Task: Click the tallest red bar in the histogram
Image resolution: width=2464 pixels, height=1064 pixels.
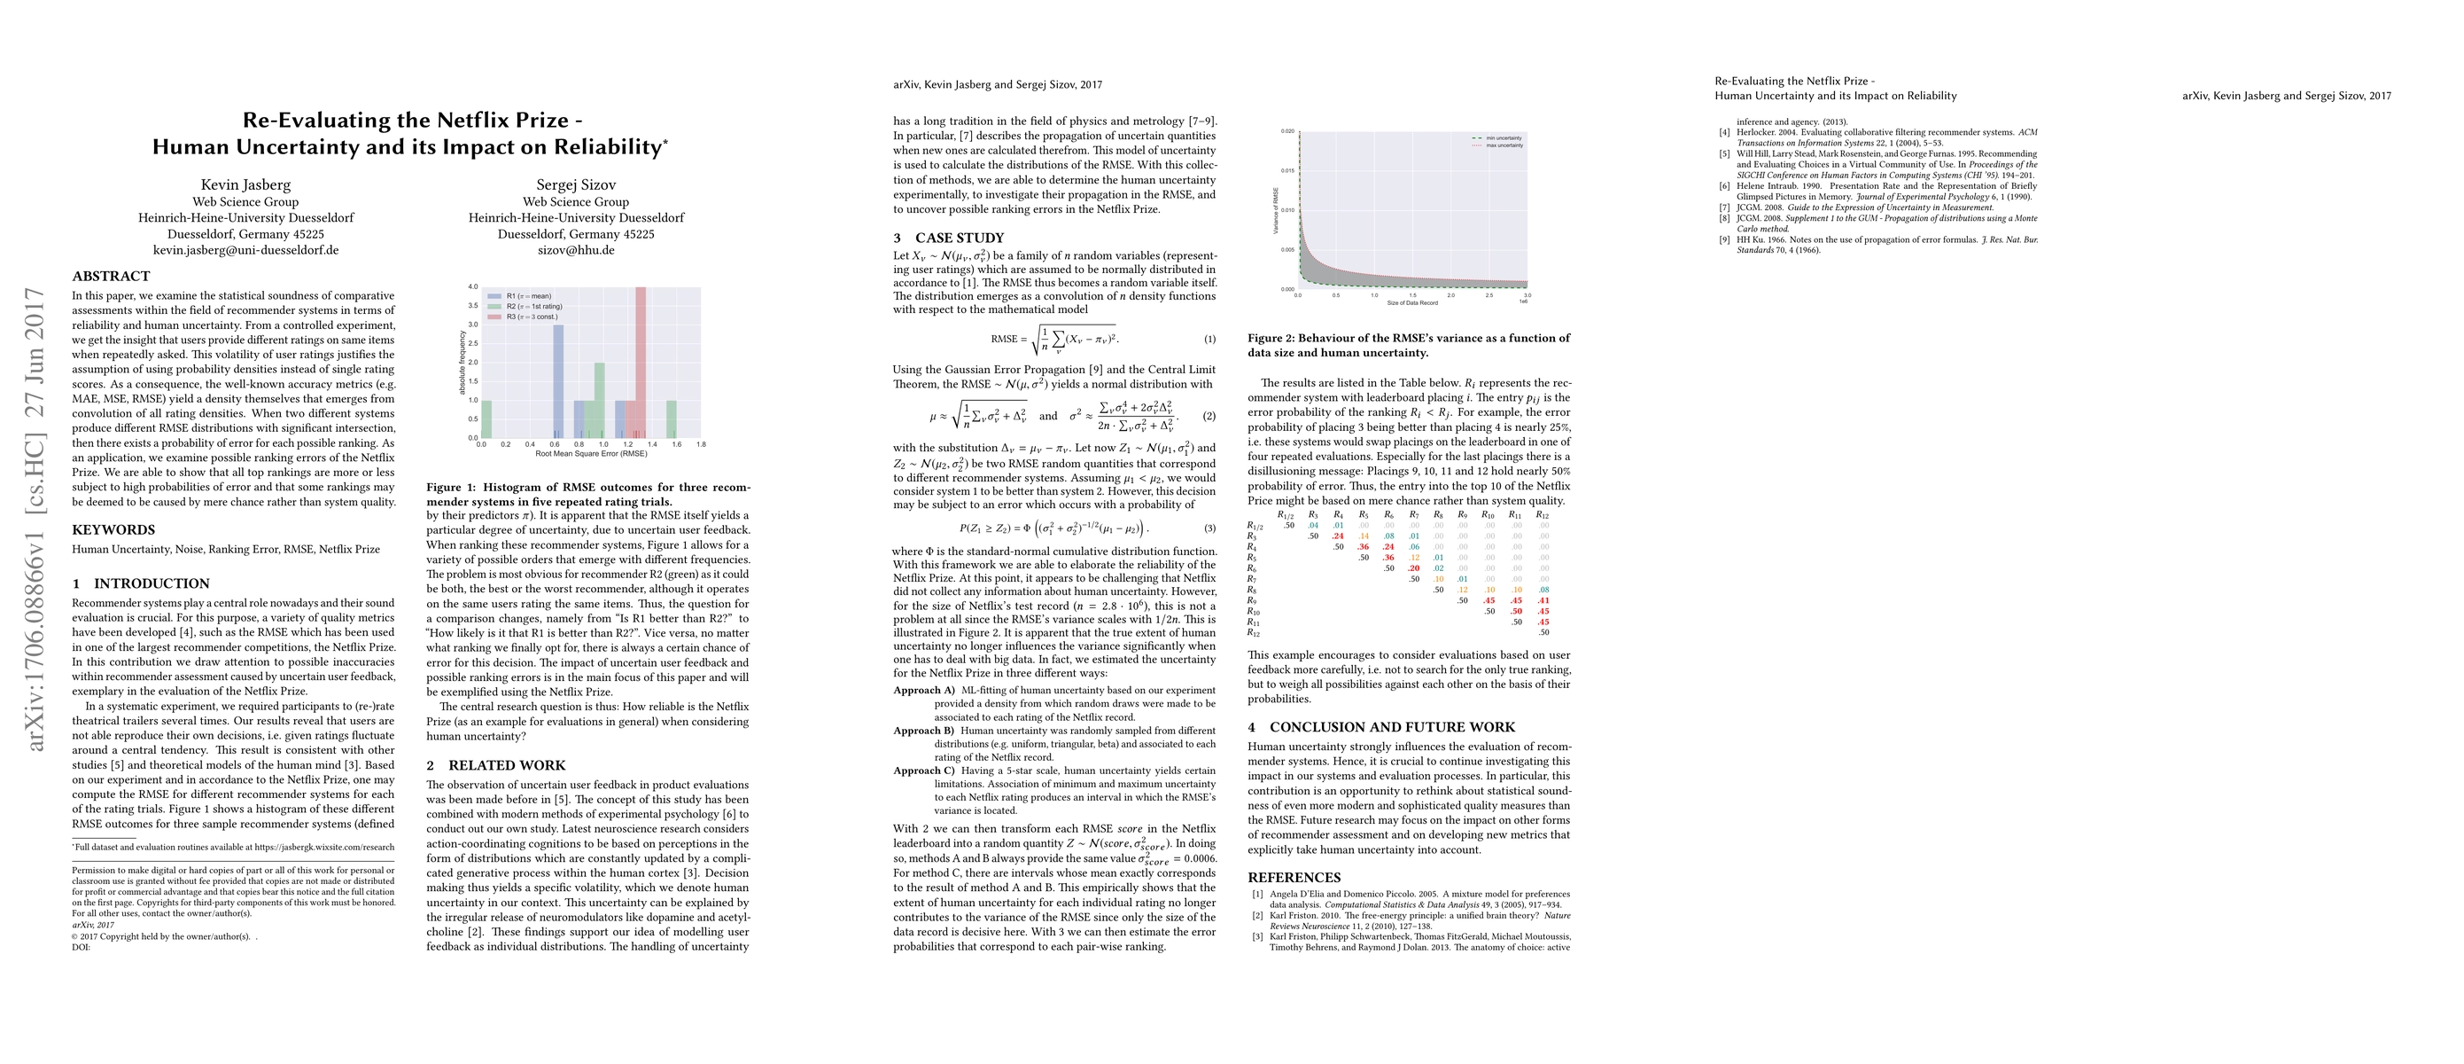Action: click(x=640, y=364)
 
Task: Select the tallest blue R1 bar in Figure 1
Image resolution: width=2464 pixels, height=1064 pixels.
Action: click(x=558, y=380)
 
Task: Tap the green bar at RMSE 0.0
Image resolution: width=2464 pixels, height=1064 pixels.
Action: click(x=486, y=419)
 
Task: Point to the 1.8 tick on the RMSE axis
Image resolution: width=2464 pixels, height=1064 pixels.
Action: click(x=701, y=445)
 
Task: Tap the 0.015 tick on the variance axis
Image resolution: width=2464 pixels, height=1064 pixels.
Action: click(x=1287, y=170)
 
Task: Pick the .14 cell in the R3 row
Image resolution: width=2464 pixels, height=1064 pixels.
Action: click(x=1363, y=536)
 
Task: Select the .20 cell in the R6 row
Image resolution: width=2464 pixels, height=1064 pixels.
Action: click(x=1413, y=568)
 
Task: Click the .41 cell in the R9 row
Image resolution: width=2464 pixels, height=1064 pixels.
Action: click(x=1543, y=601)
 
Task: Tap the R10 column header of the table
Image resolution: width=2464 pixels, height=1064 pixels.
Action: click(x=1488, y=515)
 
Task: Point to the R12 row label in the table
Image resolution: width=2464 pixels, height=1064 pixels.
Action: click(x=1255, y=632)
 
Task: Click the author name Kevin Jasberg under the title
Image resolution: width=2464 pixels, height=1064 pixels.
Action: click(x=245, y=184)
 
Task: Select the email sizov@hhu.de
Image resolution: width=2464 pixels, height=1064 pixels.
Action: click(x=576, y=250)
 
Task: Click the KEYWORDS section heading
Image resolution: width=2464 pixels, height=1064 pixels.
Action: click(x=113, y=530)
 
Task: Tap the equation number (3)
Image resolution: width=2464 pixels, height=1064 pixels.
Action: click(x=1209, y=528)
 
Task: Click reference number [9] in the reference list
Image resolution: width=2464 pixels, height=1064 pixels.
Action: click(x=1724, y=240)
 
